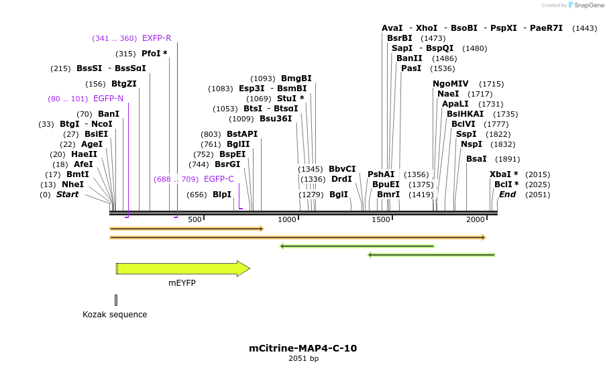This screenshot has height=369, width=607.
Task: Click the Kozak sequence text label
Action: [115, 314]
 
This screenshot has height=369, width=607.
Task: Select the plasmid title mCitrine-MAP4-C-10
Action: [302, 348]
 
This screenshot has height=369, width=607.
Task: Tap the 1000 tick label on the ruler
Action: [287, 220]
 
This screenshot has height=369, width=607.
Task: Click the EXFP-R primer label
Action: [156, 38]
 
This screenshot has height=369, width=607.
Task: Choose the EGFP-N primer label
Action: [108, 99]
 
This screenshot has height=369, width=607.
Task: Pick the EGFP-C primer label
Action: [219, 179]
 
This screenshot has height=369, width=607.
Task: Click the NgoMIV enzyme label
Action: [450, 84]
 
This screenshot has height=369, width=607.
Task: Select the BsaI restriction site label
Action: [477, 159]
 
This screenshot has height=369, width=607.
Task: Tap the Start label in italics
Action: [67, 195]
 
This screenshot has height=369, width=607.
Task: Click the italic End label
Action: [507, 195]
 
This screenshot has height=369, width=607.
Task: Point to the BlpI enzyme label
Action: [222, 195]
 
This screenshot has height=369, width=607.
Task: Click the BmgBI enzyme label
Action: [296, 78]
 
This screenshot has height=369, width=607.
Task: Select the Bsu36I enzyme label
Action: [276, 119]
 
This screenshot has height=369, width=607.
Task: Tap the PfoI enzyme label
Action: [154, 54]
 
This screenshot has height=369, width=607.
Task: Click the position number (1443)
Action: [584, 28]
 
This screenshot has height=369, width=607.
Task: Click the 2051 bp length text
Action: [303, 359]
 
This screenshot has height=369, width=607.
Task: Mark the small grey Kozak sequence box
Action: [116, 300]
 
